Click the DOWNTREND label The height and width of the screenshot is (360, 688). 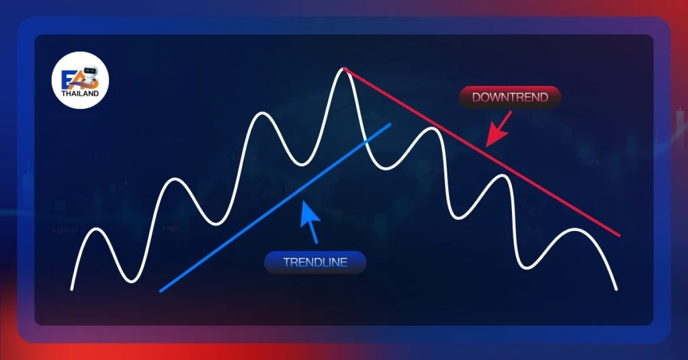(x=510, y=97)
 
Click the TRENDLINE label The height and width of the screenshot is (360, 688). (x=315, y=262)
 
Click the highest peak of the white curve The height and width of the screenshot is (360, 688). (x=343, y=69)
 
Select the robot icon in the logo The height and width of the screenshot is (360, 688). (x=91, y=75)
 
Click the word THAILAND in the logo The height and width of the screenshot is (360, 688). (x=80, y=93)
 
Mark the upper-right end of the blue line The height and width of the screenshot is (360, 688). (x=389, y=124)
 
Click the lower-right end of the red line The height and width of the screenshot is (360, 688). (x=619, y=235)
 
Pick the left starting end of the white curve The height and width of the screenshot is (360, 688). (x=71, y=289)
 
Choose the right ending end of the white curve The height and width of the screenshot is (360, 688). (x=617, y=289)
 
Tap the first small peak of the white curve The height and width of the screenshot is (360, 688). (x=97, y=229)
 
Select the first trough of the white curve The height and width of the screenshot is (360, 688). (x=131, y=281)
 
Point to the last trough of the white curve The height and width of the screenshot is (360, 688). (x=526, y=267)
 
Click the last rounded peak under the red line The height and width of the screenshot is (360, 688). (x=575, y=229)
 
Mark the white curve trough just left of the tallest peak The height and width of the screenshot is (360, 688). (x=302, y=165)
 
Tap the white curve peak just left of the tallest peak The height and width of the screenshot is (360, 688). (x=262, y=113)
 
